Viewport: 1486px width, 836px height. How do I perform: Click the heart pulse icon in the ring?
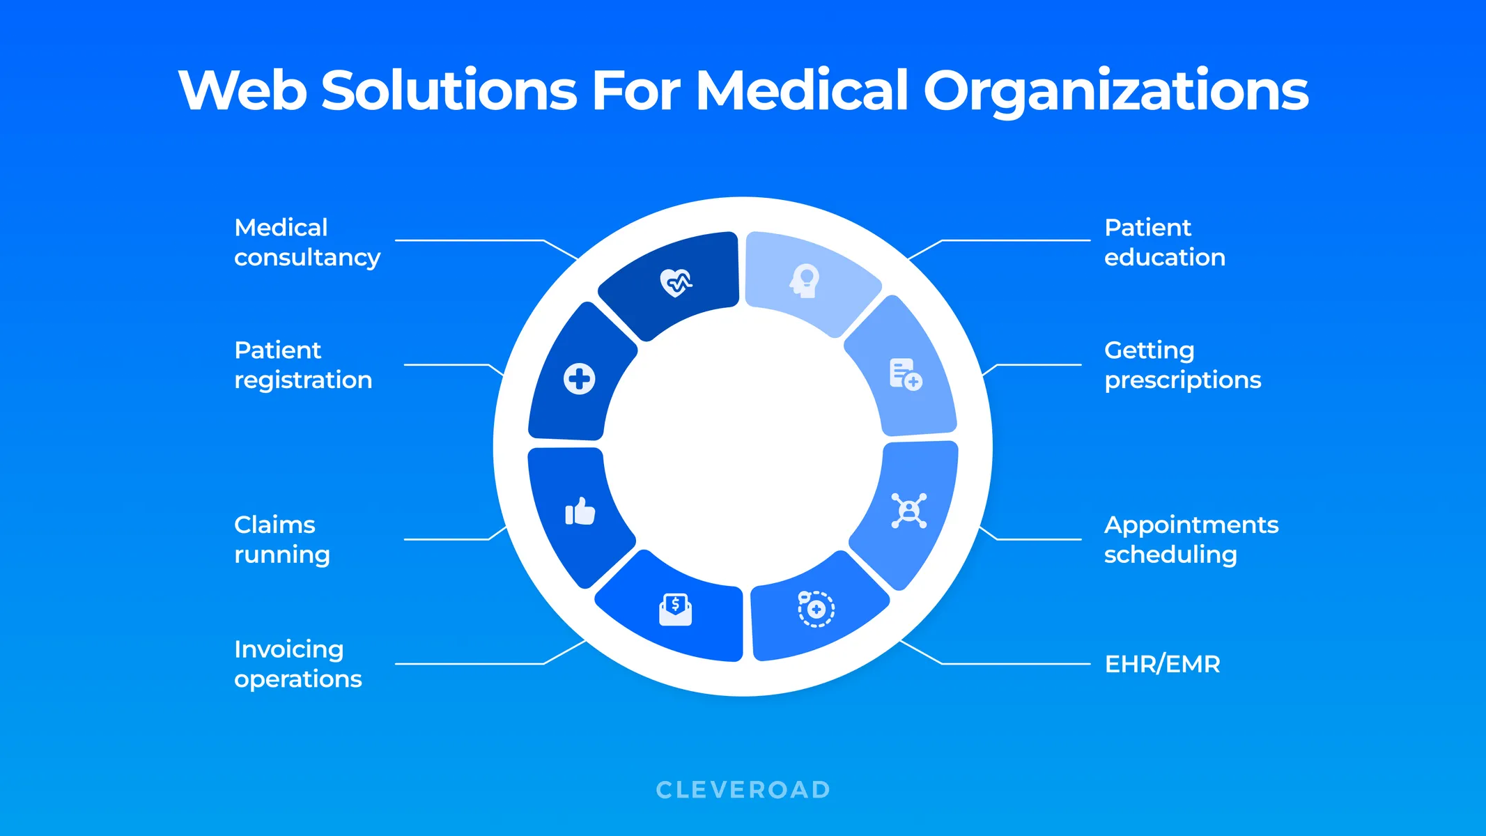(676, 283)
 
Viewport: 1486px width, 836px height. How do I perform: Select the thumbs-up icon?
(580, 511)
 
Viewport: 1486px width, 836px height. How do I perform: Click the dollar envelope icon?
(675, 609)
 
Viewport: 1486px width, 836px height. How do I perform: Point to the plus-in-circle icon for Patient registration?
(579, 379)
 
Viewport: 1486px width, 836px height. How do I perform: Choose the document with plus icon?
(905, 374)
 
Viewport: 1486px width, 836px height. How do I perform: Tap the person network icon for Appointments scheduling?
(908, 511)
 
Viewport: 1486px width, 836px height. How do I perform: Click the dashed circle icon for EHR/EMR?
(816, 609)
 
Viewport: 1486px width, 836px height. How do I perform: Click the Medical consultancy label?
(307, 242)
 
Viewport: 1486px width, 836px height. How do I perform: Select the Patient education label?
(1164, 242)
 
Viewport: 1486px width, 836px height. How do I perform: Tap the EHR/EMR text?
(1162, 664)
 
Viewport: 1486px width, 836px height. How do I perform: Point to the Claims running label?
(281, 539)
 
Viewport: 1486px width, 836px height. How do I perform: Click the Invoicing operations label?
(297, 664)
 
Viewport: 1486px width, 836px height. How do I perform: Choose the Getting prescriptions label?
(1182, 365)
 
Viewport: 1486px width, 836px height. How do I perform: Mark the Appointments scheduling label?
(1191, 539)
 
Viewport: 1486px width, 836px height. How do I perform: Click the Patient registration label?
(302, 365)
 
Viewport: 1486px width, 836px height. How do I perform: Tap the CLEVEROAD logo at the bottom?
(743, 789)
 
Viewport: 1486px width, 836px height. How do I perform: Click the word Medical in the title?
(802, 90)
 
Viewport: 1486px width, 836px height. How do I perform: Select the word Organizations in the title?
(1115, 91)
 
